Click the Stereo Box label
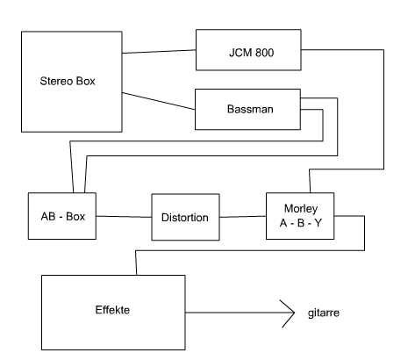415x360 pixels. pyautogui.click(x=68, y=81)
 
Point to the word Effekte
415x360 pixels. pyautogui.click(x=112, y=310)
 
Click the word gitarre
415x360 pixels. pyautogui.click(x=324, y=313)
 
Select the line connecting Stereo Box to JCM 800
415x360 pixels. pyautogui.click(x=159, y=52)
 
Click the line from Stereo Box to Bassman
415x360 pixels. pyautogui.click(x=159, y=101)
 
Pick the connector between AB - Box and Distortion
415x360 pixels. pyautogui.click(x=124, y=217)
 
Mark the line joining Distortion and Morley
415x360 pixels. pyautogui.click(x=243, y=217)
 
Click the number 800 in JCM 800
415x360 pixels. pyautogui.click(x=265, y=53)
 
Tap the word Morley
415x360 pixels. pyautogui.click(x=301, y=209)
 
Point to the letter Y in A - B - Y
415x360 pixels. pyautogui.click(x=318, y=223)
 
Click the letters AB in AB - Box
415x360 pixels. pyautogui.click(x=48, y=217)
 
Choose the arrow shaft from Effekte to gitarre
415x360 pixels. pyautogui.click(x=240, y=313)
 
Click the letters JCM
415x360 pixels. pyautogui.click(x=240, y=53)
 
